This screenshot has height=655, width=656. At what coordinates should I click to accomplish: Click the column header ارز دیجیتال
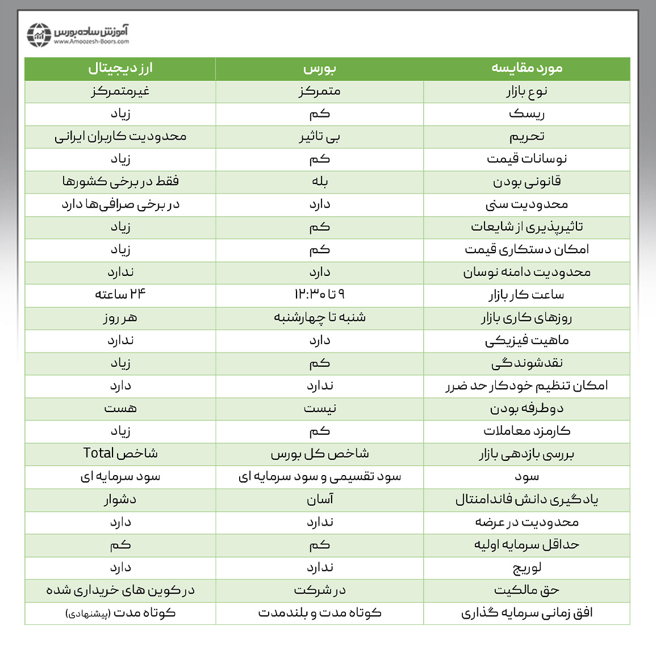click(x=120, y=69)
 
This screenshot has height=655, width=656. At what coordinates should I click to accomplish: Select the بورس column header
click(x=320, y=69)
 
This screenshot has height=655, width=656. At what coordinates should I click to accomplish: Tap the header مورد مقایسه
click(x=527, y=69)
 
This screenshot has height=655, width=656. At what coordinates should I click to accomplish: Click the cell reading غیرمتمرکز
click(x=120, y=91)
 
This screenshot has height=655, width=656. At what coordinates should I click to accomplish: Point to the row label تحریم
click(x=527, y=137)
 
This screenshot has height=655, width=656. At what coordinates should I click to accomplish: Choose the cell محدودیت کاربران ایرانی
click(x=120, y=137)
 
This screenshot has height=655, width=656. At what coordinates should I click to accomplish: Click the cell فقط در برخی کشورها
click(x=120, y=182)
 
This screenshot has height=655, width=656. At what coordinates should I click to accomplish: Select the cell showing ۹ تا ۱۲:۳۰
click(x=320, y=295)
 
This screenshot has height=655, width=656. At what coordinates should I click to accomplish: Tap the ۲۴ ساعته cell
click(x=120, y=295)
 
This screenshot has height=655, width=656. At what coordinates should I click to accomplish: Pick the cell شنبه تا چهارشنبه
click(x=320, y=317)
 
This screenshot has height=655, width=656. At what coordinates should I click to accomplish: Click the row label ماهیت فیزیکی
click(x=527, y=341)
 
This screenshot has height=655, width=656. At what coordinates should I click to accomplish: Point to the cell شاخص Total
click(x=120, y=454)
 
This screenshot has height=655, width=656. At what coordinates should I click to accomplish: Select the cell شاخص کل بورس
click(x=320, y=454)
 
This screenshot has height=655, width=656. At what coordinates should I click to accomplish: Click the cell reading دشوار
click(x=120, y=499)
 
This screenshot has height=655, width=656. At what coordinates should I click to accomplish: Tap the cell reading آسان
click(x=320, y=499)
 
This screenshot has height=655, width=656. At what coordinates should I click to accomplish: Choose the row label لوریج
click(x=527, y=568)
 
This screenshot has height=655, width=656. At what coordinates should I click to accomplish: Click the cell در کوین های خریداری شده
click(x=120, y=590)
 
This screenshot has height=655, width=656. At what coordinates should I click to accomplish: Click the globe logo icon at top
click(x=39, y=35)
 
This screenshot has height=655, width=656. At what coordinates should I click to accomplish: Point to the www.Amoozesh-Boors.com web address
click(x=91, y=41)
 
